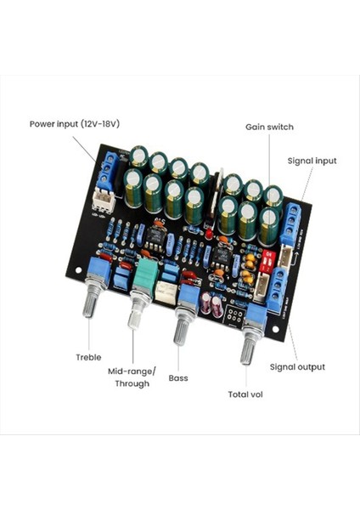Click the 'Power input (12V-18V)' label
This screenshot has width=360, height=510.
pyautogui.click(x=75, y=123)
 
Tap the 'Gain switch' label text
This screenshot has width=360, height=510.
pyautogui.click(x=270, y=127)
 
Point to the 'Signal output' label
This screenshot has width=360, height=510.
pyautogui.click(x=297, y=366)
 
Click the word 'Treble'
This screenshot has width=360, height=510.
pyautogui.click(x=88, y=357)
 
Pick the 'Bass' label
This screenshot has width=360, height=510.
pyautogui.click(x=178, y=377)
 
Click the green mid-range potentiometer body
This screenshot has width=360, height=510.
pyautogui.click(x=146, y=274)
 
